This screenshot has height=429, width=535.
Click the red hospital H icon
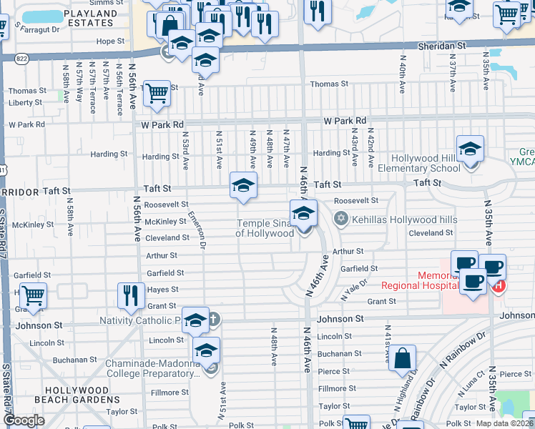coord(499,287)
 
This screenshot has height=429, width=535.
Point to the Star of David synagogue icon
coord(340,218)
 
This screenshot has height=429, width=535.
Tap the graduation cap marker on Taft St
coord(243,187)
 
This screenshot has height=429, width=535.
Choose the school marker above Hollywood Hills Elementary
coord(470,149)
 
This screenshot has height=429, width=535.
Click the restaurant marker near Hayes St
coord(130,295)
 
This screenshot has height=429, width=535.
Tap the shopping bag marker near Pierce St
coord(403,358)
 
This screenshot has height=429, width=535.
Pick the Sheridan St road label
coord(442,45)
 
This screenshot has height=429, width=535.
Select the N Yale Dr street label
coord(355,289)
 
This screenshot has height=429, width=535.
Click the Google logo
coord(24,420)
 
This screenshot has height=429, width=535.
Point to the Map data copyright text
coord(505,423)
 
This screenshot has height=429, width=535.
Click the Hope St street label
coord(110,41)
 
